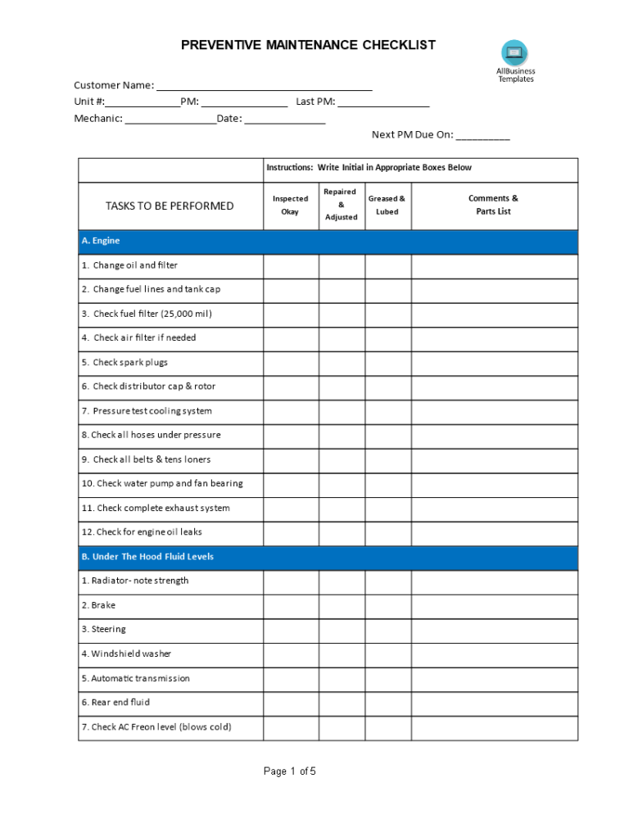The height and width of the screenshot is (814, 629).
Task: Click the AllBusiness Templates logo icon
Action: [x=514, y=53]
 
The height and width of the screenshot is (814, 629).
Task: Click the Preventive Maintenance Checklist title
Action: [x=308, y=45]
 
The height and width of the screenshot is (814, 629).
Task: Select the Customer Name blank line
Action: [x=264, y=86]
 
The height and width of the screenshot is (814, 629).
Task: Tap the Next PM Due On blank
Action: [x=482, y=136]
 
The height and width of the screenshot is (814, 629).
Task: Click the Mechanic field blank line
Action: [x=170, y=120]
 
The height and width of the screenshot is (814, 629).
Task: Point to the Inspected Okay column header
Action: [x=290, y=205]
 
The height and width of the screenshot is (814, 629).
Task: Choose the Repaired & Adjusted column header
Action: [x=341, y=204]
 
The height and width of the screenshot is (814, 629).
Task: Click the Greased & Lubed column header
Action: [x=387, y=205]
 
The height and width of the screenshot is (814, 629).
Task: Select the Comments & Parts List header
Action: [x=493, y=205]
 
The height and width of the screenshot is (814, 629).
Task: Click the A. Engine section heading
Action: [x=101, y=241]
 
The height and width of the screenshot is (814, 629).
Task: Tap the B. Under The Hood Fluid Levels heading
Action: [x=147, y=557]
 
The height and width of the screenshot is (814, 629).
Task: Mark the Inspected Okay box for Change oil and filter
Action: [x=290, y=266]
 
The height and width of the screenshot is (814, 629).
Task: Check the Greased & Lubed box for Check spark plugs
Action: [x=387, y=363]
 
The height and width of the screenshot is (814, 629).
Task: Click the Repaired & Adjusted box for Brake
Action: [x=341, y=606]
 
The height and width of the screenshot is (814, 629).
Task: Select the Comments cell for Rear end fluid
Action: [x=494, y=703]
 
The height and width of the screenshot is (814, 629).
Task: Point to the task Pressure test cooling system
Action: [x=147, y=411]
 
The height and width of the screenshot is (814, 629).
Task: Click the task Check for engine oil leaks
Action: [x=142, y=532]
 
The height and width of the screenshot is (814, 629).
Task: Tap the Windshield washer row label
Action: [x=126, y=654]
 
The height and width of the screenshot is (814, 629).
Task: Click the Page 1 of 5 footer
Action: [x=289, y=771]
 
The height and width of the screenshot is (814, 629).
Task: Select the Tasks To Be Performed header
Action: [x=170, y=206]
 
